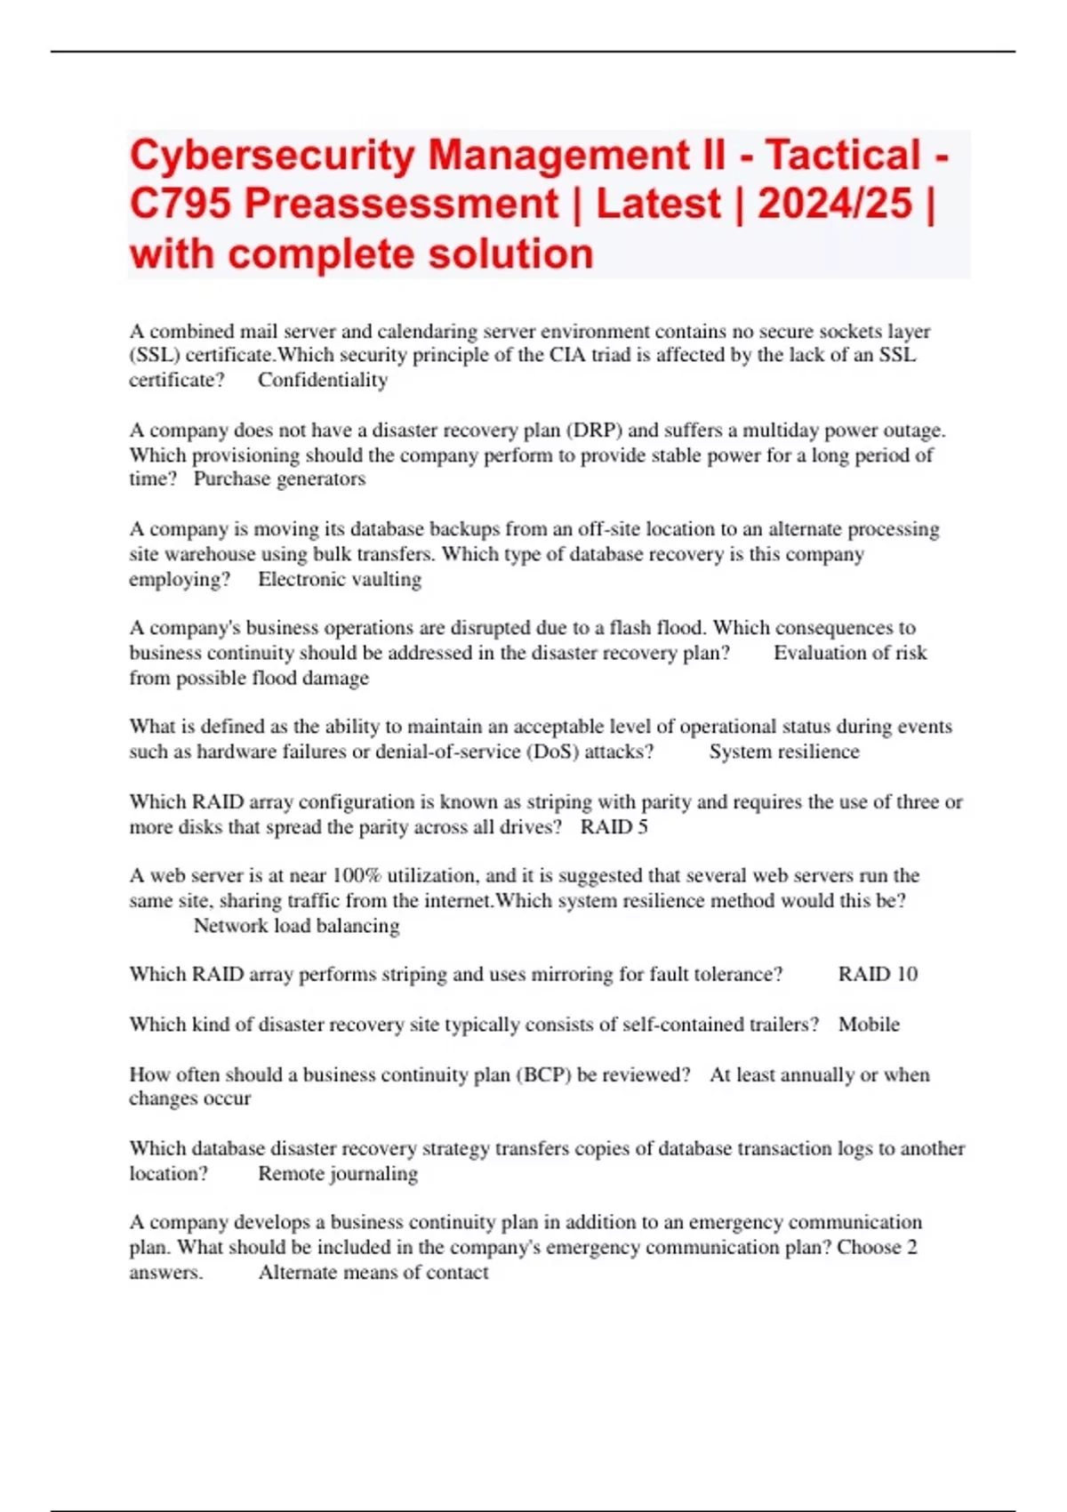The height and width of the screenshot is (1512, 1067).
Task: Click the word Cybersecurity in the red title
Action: coord(272,156)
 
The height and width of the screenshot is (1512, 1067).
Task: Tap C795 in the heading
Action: coord(180,204)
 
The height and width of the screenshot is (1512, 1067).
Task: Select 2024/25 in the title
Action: coord(834,204)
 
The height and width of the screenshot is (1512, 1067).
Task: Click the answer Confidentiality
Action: coord(323,381)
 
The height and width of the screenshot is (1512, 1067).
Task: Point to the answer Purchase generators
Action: coord(279,479)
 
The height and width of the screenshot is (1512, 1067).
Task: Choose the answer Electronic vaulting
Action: coord(340,579)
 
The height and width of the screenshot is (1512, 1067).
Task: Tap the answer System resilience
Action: coord(784,752)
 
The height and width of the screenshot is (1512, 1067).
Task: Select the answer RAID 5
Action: coord(614,827)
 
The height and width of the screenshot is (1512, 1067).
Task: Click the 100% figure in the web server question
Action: coord(357,875)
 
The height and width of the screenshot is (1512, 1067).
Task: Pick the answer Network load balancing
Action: coord(296,926)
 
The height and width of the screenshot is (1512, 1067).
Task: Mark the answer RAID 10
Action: coord(878,975)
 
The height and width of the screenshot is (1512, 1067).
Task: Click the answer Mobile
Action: coord(869,1025)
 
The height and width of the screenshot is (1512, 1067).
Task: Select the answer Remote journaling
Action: coord(338,1174)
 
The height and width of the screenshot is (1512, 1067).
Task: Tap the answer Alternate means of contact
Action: coord(373,1273)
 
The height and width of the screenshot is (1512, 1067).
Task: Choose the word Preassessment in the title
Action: coord(401,204)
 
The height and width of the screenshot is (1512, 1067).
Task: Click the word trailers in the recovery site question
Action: coord(781,1025)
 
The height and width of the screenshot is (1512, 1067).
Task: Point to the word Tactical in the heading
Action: coord(843,156)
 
